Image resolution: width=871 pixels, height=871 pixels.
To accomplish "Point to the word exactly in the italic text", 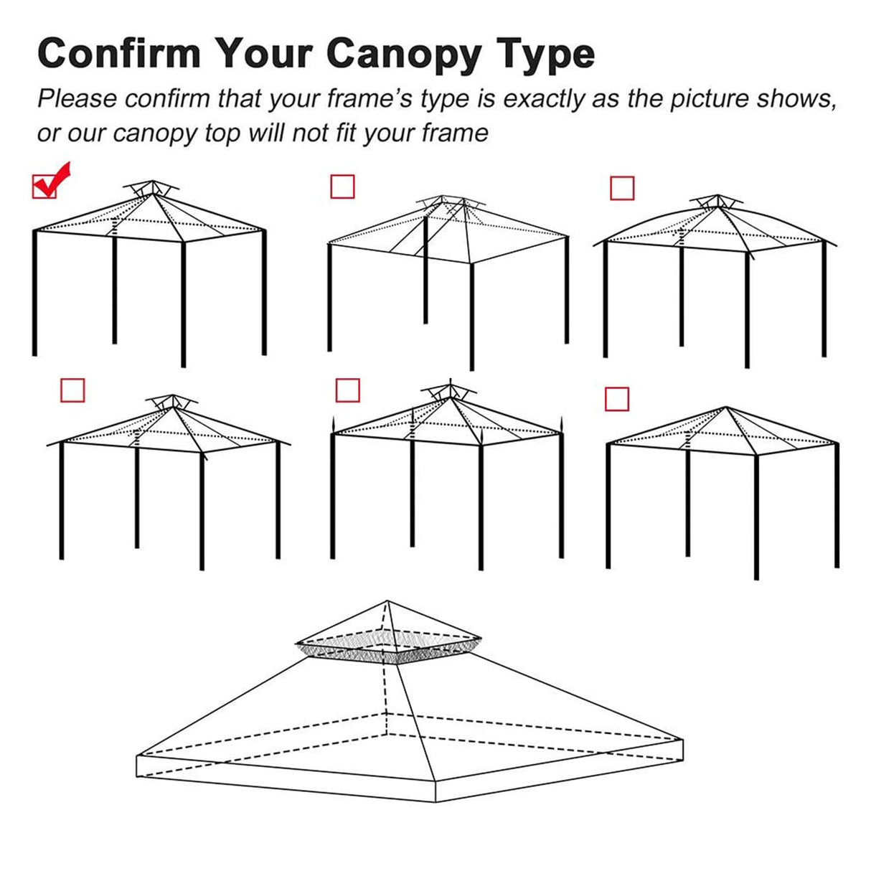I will click(544, 99).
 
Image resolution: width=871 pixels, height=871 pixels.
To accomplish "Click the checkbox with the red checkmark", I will click(45, 186).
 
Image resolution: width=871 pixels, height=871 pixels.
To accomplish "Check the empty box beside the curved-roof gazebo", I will click(622, 188).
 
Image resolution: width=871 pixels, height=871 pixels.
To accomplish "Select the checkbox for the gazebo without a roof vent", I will click(616, 399).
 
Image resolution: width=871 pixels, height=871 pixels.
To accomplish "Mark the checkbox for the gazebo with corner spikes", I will click(347, 390).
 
